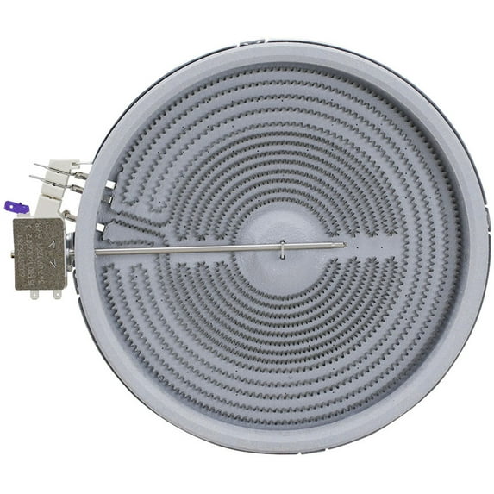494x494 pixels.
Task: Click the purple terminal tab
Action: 16,207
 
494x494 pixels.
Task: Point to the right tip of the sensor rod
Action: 345,244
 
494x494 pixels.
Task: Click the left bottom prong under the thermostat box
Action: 34,294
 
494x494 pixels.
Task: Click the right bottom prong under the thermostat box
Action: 57,294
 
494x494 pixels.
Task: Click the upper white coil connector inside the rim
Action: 109,196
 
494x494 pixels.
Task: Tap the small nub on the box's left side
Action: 12,253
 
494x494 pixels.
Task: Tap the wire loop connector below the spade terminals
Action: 66,215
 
